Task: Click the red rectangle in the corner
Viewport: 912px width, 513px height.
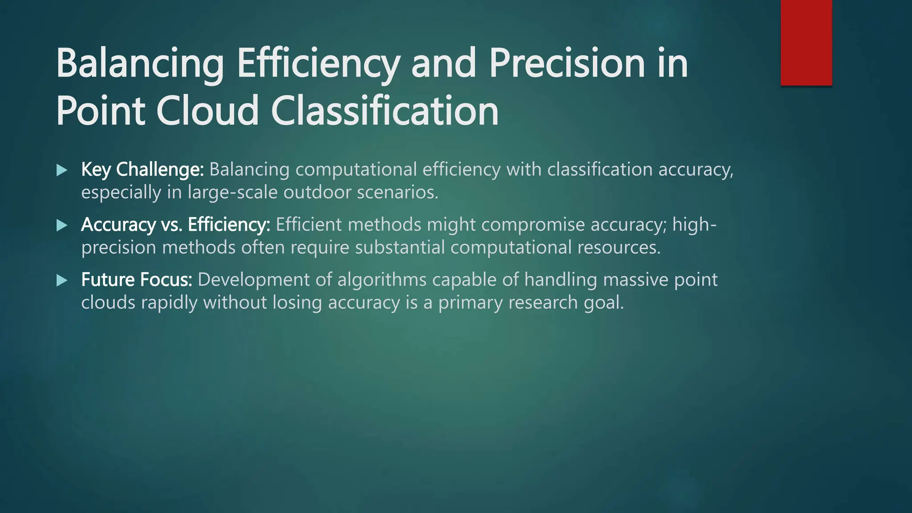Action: point(806,43)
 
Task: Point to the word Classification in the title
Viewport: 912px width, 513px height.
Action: point(385,111)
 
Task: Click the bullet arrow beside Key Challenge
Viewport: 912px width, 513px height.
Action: point(62,170)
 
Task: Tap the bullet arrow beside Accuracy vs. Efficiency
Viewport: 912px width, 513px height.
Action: point(62,225)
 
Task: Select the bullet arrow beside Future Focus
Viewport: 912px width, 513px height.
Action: point(62,281)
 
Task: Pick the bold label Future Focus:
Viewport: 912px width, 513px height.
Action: point(137,280)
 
